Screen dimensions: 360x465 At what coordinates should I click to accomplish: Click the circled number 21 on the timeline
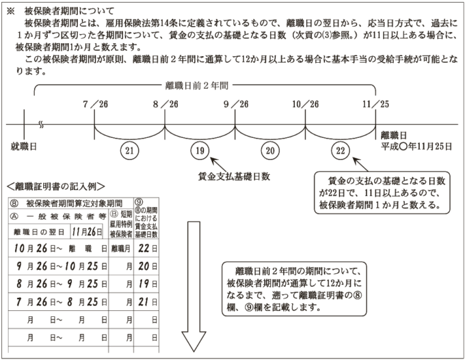[129, 150]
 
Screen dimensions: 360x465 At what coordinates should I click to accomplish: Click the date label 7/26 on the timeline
[94, 103]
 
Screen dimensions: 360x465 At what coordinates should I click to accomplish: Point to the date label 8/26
[165, 103]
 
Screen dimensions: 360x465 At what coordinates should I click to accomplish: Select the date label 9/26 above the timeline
[235, 103]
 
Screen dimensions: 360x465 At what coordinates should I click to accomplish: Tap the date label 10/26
[305, 103]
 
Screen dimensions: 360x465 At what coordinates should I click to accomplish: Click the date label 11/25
[375, 103]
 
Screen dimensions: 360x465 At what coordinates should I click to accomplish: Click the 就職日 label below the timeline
[23, 147]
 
